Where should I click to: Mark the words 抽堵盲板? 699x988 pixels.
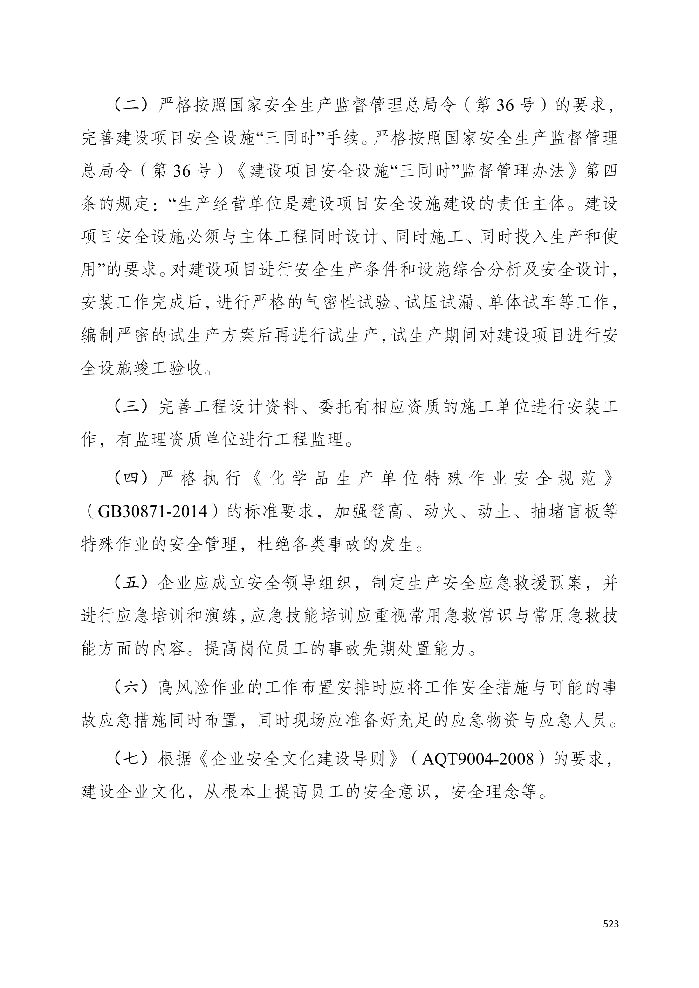coord(565,511)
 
